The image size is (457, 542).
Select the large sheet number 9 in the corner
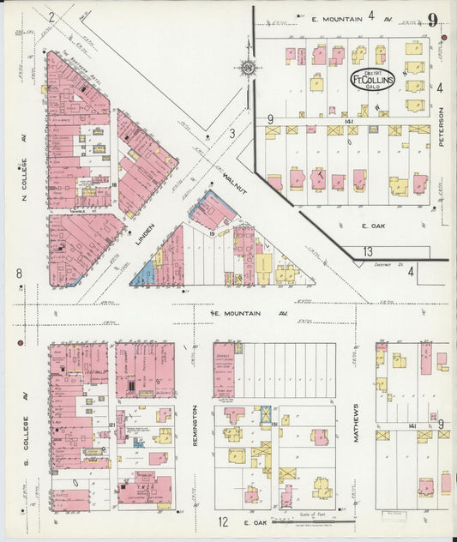(434, 20)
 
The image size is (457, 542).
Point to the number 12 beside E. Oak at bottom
(222, 521)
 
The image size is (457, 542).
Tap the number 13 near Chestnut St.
(367, 251)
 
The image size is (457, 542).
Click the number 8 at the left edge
(18, 274)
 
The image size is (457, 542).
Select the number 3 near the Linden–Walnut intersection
(232, 133)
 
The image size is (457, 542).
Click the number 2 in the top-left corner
(51, 16)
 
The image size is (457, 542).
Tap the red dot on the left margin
(19, 343)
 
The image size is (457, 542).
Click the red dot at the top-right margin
(444, 39)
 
